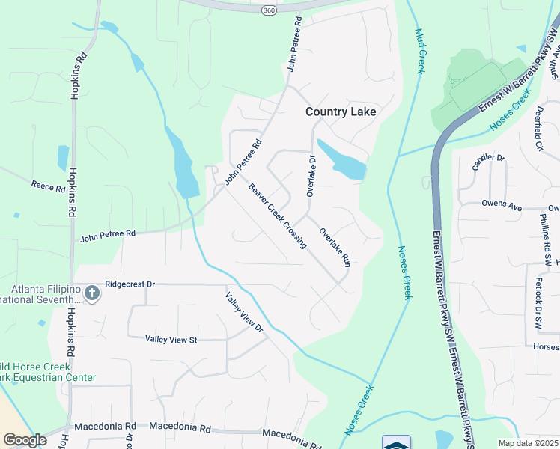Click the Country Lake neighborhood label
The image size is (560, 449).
pos(340,112)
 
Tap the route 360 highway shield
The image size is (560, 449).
pos(268,10)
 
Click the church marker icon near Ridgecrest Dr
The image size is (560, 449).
pos(91,293)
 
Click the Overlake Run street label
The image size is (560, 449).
pos(335,247)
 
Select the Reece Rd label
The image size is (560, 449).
pos(48,186)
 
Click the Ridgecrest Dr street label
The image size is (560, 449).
pos(130,284)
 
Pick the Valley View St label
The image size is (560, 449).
pos(171,340)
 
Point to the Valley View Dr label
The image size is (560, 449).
pos(246,311)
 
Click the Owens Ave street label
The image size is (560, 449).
pos(500,203)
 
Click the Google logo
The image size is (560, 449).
pos(25,439)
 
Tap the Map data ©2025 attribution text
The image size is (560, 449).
pos(528,443)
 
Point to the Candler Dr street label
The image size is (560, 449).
pos(488,161)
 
